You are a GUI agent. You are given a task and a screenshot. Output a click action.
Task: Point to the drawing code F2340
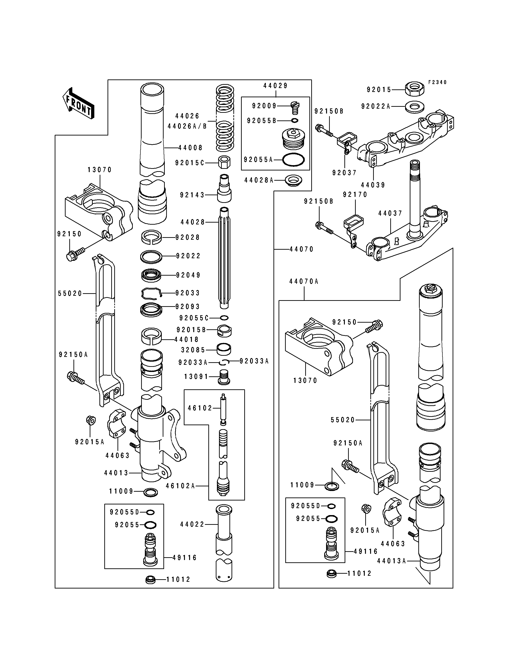click(437, 82)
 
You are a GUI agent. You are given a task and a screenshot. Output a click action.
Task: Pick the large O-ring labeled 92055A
click(293, 160)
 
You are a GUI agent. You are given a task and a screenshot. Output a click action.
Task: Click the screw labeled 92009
click(295, 107)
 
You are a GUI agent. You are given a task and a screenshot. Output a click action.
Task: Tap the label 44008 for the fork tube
click(190, 148)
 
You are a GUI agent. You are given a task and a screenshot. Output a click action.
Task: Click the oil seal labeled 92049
click(151, 275)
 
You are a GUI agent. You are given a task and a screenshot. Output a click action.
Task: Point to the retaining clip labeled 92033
click(152, 293)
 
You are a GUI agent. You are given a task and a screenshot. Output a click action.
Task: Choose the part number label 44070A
click(304, 281)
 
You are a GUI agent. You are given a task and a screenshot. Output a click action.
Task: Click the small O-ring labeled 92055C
click(224, 318)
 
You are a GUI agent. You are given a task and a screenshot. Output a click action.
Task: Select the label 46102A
click(180, 486)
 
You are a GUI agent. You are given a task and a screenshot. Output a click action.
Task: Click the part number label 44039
click(373, 185)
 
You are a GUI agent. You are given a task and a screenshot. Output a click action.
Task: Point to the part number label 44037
click(390, 213)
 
